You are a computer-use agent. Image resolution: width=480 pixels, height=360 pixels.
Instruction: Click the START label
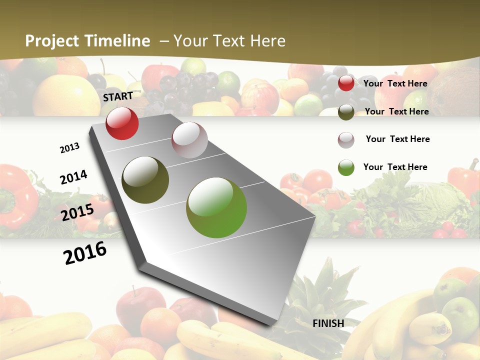(x=118, y=96)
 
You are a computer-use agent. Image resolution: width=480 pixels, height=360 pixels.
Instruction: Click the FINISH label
(x=328, y=323)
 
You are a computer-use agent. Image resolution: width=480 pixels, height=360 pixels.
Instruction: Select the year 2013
(x=69, y=148)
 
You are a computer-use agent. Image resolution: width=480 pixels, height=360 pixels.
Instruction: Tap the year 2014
(x=73, y=177)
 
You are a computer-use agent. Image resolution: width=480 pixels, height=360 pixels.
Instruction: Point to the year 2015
(x=77, y=212)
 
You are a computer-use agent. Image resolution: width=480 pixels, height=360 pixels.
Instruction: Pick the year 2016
(x=85, y=252)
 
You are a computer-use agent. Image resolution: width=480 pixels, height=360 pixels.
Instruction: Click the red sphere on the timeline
(x=122, y=123)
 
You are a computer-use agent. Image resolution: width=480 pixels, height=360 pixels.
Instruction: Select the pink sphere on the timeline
(x=189, y=140)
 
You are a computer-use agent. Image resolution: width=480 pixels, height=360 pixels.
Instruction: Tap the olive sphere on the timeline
(x=145, y=180)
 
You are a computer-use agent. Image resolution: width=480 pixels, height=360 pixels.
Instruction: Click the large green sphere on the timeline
(x=216, y=207)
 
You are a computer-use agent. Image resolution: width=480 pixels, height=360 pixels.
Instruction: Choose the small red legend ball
(x=346, y=83)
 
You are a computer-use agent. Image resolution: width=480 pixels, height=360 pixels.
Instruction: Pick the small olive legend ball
(x=346, y=112)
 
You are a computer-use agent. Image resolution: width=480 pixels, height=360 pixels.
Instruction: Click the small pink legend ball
(x=346, y=139)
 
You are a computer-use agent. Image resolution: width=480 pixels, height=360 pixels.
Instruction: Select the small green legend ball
(x=346, y=167)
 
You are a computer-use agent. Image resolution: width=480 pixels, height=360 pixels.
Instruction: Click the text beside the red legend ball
(x=395, y=83)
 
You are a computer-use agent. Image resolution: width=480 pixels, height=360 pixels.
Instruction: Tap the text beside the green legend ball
(x=395, y=167)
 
